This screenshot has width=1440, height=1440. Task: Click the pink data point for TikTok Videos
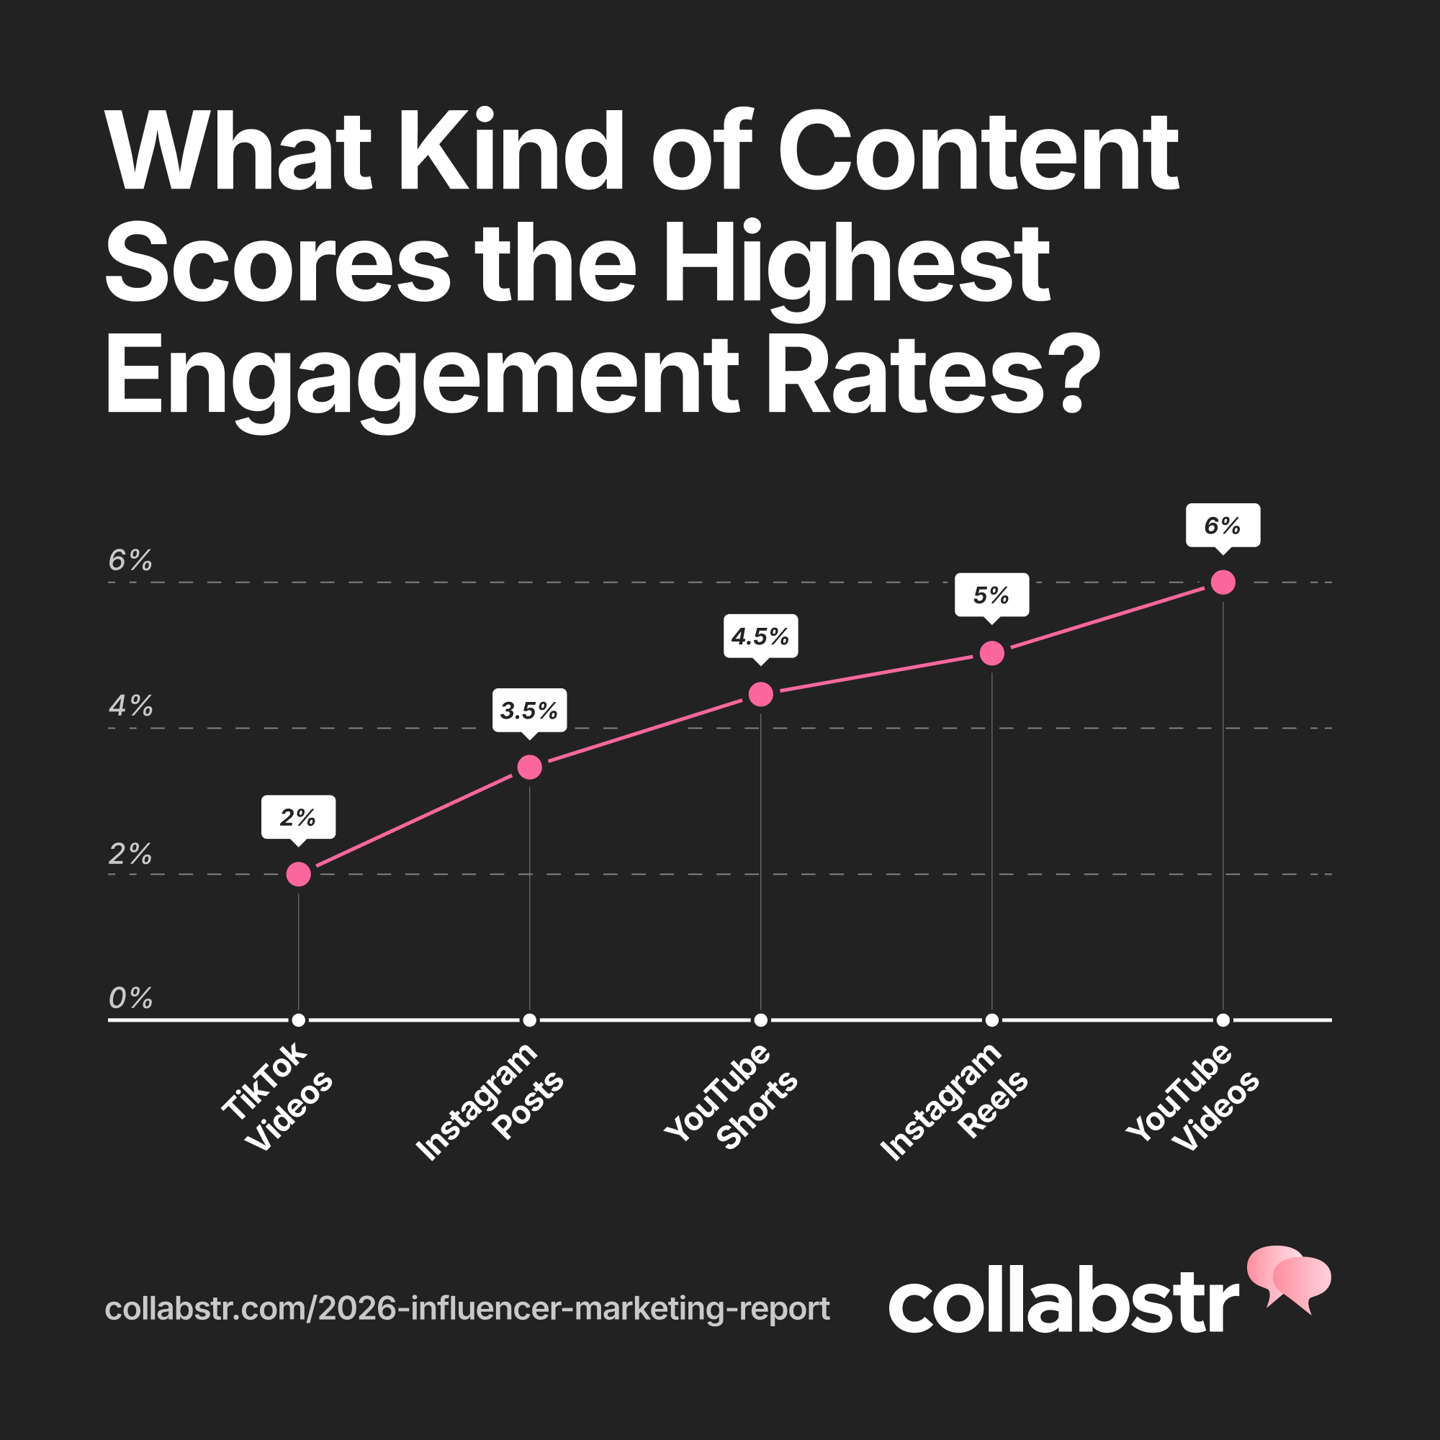pos(298,874)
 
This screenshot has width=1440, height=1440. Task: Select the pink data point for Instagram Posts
pos(529,767)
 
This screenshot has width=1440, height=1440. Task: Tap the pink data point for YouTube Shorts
pos(760,694)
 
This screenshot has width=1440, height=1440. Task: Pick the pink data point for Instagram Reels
pos(991,654)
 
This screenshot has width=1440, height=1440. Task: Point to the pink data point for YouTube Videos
pos(1223,582)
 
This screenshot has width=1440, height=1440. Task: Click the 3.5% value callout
pos(529,711)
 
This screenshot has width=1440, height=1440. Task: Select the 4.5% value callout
pos(760,636)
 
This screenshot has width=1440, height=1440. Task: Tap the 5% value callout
pos(991,595)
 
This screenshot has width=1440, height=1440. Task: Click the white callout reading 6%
pos(1223,526)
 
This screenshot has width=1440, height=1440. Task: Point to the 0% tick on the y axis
pos(130,998)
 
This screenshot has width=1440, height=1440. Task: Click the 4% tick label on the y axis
pos(130,706)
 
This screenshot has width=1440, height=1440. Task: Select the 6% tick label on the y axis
pos(130,559)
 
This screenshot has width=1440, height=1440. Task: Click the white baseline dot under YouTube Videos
pos(1223,1020)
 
